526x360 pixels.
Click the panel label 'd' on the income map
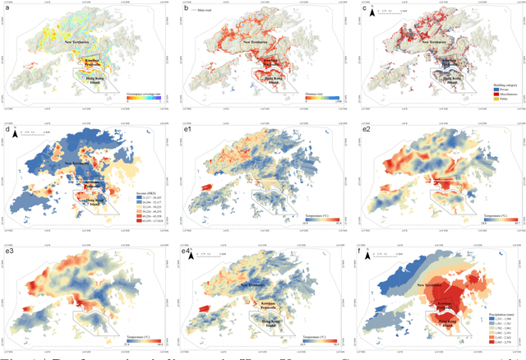(x=7, y=130)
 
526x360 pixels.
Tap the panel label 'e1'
(x=187, y=130)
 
